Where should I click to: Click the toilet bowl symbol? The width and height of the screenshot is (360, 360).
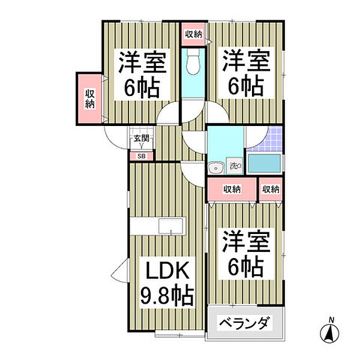193,61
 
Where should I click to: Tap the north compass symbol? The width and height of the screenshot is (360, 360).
329,332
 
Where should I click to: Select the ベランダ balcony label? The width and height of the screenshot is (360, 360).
244,323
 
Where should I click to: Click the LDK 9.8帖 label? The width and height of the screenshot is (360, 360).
167,284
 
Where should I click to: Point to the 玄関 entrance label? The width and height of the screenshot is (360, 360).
142,138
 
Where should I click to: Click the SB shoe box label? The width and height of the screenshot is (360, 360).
142,157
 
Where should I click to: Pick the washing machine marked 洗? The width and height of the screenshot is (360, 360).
235,166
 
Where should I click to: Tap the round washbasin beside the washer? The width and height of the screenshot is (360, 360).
215,168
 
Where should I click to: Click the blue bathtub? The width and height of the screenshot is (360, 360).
265,163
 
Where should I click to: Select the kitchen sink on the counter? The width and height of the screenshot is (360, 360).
171,226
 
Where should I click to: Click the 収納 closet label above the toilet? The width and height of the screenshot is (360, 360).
194,34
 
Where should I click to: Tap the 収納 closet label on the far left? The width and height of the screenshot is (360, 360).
90,99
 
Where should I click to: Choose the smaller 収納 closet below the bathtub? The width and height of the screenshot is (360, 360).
271,189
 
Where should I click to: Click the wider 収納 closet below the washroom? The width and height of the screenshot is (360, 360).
232,189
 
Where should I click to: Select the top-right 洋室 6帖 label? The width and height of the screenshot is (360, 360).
245,73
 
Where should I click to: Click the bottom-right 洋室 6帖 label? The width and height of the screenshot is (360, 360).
245,254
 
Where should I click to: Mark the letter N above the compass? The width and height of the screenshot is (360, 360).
331,320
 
